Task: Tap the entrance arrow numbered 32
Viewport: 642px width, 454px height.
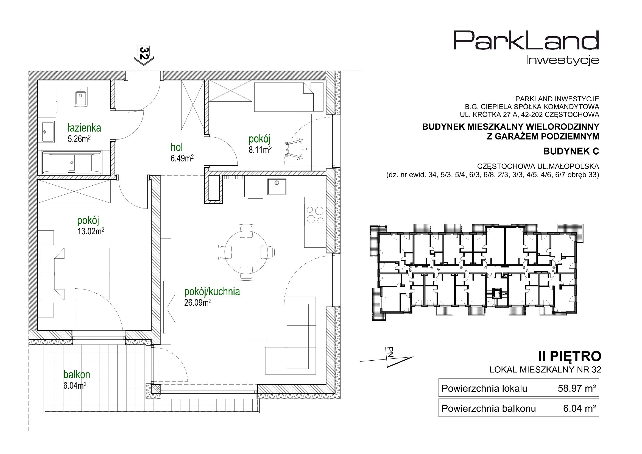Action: (143, 56)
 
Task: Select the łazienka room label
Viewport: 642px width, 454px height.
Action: (84, 128)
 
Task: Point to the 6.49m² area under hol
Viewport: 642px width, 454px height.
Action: (182, 158)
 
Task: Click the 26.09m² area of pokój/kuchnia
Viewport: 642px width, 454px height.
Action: (197, 303)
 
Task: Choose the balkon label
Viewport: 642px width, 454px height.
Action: (77, 374)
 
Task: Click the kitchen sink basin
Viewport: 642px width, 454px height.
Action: (277, 186)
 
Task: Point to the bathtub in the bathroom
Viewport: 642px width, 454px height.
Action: (72, 162)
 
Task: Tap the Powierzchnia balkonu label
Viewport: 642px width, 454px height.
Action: (489, 409)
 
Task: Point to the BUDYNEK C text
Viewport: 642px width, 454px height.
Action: (571, 151)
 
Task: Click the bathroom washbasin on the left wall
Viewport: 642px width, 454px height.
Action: (48, 132)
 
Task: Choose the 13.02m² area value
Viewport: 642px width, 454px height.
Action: (91, 231)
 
